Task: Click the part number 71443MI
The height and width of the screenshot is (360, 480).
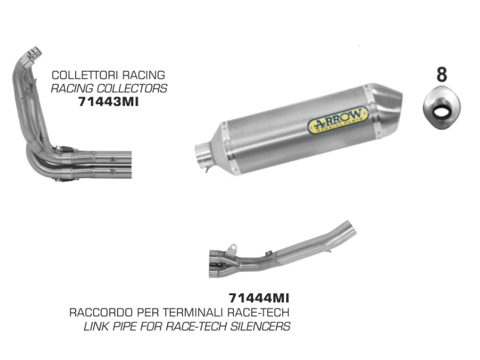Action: pos(109,101)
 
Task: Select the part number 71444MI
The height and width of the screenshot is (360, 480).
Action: pos(259,298)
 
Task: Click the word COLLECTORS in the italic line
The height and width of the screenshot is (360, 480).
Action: pos(132,88)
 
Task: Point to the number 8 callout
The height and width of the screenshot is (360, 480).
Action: pos(442,74)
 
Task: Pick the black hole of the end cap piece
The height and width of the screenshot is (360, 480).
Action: pos(441,110)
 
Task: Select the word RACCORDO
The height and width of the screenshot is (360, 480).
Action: pos(101,313)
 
